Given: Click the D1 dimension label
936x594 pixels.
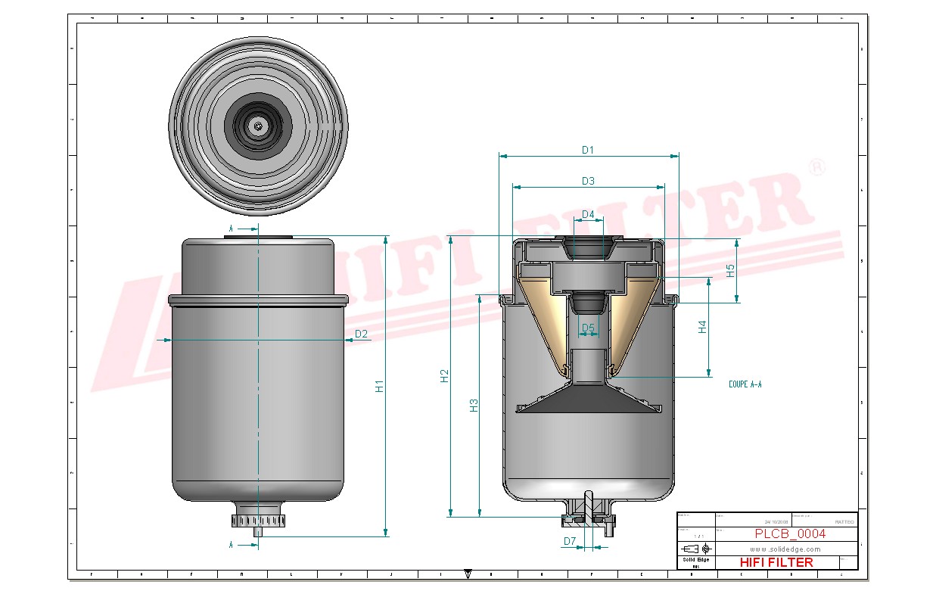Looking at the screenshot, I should pyautogui.click(x=587, y=150).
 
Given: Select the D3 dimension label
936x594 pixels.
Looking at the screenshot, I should pyautogui.click(x=587, y=181).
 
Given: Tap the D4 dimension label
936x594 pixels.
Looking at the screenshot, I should pyautogui.click(x=587, y=215).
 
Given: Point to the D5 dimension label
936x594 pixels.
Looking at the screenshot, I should pyautogui.click(x=588, y=328).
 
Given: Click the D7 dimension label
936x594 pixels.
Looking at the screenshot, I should pyautogui.click(x=570, y=541).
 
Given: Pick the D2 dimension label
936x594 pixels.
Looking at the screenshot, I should pyautogui.click(x=361, y=334).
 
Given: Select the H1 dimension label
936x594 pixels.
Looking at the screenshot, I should pyautogui.click(x=380, y=386).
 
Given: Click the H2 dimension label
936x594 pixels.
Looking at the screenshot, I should pyautogui.click(x=445, y=375).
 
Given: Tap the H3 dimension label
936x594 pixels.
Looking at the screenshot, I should pyautogui.click(x=474, y=405).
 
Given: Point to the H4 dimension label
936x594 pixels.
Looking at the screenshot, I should pyautogui.click(x=702, y=327).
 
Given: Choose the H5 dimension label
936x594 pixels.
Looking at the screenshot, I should pyautogui.click(x=731, y=270).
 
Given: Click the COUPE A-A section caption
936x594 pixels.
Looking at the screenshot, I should pyautogui.click(x=745, y=384).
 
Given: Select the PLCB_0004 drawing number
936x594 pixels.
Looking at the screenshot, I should pyautogui.click(x=790, y=533).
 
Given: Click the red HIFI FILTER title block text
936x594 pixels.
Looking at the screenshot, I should pyautogui.click(x=776, y=562).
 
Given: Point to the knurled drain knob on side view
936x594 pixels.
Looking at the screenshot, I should pyautogui.click(x=258, y=521).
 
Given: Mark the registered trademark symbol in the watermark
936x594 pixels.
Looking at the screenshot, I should pyautogui.click(x=816, y=167).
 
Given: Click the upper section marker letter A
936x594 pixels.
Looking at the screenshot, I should pyautogui.click(x=232, y=228).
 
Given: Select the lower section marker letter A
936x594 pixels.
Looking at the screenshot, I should pyautogui.click(x=232, y=543).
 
